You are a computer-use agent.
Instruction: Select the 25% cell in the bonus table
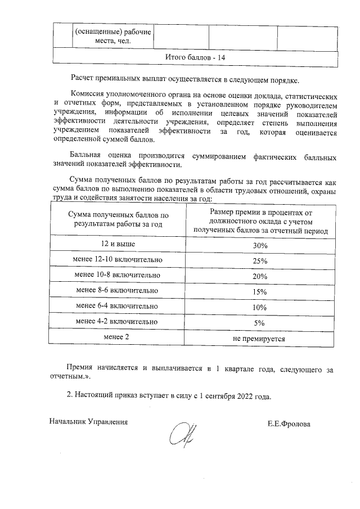coord(259,262)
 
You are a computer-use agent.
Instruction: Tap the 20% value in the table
coord(259,276)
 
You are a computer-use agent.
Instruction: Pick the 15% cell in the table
coord(259,291)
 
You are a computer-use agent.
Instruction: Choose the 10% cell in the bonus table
coord(259,307)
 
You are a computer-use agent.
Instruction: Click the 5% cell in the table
coord(259,323)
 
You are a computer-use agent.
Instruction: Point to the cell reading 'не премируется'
coord(259,339)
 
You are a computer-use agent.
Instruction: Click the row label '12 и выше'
coord(118,244)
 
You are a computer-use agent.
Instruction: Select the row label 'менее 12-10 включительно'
coord(118,260)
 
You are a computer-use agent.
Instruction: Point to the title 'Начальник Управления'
coord(88,421)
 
